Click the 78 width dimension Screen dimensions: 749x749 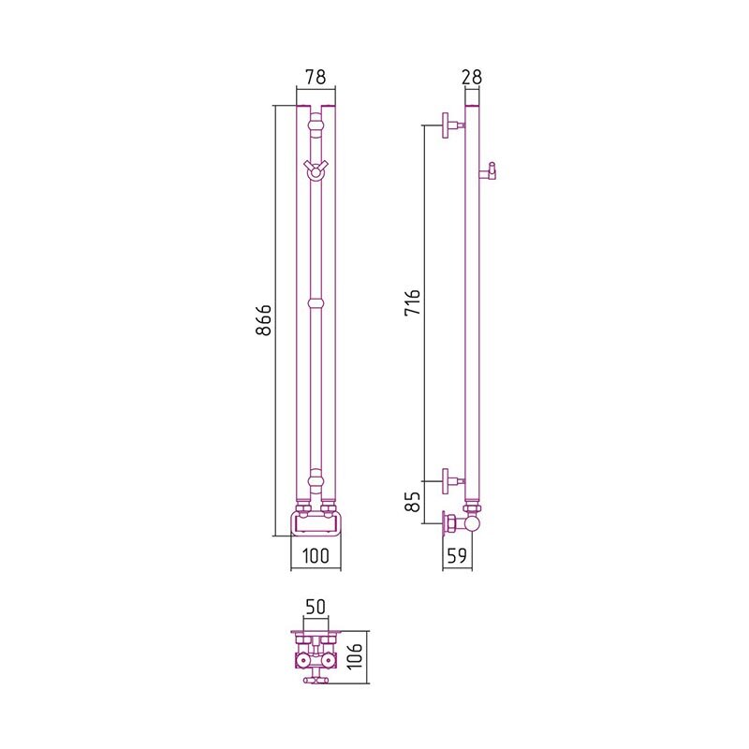pyautogui.click(x=316, y=77)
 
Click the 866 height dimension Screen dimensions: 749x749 pyautogui.click(x=263, y=320)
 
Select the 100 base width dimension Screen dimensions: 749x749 pyautogui.click(x=316, y=555)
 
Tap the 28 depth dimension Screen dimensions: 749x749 pyautogui.click(x=472, y=77)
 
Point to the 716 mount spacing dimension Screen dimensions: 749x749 pyautogui.click(x=412, y=301)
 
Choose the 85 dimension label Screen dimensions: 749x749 pyautogui.click(x=412, y=502)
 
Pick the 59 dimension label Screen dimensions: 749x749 pyautogui.click(x=457, y=555)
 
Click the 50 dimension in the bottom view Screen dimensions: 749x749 pyautogui.click(x=316, y=607)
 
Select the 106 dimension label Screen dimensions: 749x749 pyautogui.click(x=355, y=657)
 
